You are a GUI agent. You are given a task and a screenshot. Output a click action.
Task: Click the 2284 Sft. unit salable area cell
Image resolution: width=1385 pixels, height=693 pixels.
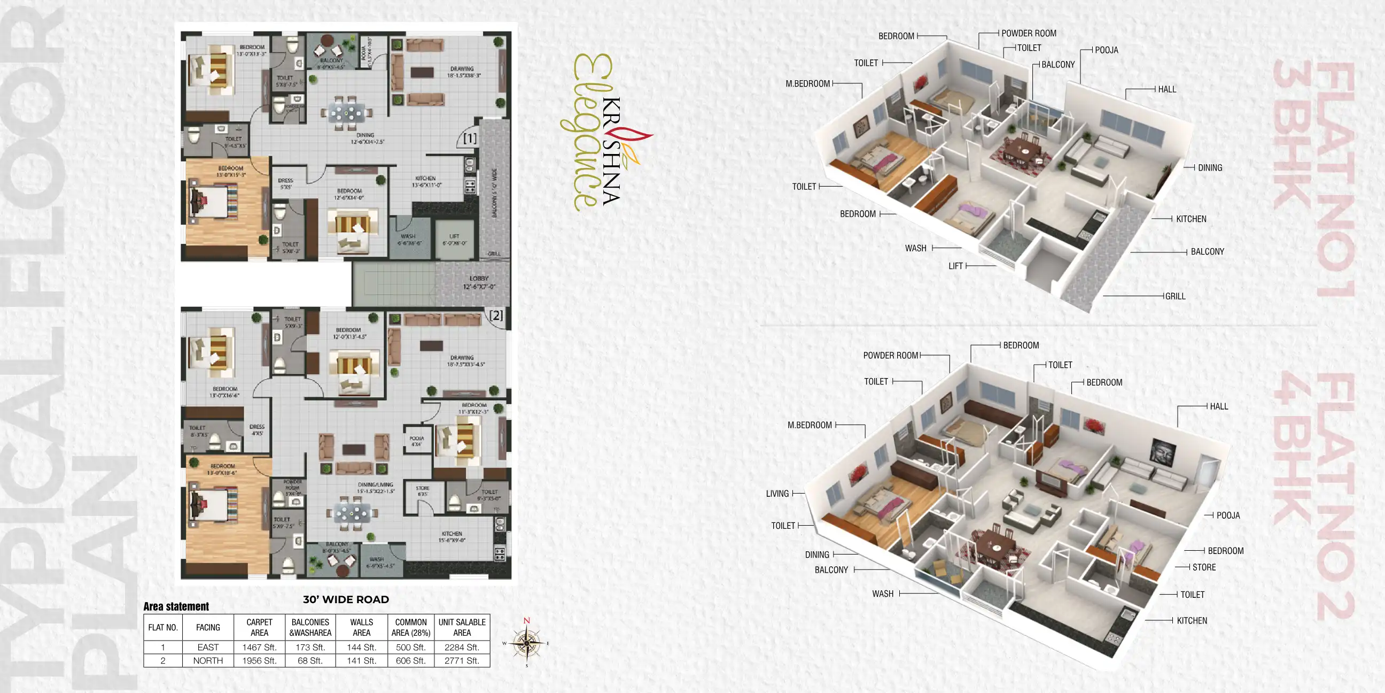point(461,647)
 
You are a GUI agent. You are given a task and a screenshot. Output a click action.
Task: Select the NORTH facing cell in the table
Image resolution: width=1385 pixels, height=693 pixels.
point(207,661)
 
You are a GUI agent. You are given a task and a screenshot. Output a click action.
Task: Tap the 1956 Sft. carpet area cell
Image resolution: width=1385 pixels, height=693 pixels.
point(259,661)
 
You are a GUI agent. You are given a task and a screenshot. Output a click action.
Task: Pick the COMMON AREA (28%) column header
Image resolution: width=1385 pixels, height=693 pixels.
point(411,627)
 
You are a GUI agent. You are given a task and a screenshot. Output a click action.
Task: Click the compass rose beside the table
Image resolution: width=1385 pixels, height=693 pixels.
point(526,643)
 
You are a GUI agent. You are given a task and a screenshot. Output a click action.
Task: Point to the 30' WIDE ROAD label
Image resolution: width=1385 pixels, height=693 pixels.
point(346,599)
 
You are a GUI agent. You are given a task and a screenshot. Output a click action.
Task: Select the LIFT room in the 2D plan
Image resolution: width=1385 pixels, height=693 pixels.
point(454,240)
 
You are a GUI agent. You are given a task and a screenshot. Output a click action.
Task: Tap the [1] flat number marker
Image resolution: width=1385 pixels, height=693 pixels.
point(470,138)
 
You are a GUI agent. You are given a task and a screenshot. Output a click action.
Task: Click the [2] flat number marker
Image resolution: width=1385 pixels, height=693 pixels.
point(496,315)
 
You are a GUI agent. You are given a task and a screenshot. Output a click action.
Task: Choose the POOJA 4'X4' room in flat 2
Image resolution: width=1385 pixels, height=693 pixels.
point(417,441)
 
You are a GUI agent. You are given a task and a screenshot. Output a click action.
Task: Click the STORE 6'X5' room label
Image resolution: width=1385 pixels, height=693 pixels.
point(423,491)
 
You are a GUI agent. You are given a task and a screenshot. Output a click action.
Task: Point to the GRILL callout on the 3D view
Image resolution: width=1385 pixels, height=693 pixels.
point(1175,296)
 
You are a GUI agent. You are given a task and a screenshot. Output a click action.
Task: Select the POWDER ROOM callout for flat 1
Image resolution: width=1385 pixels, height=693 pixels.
point(1029,33)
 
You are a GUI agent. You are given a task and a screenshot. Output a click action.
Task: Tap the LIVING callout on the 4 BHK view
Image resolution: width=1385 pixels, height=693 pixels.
point(777,494)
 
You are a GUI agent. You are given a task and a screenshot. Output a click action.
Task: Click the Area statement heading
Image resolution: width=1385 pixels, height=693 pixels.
point(176,606)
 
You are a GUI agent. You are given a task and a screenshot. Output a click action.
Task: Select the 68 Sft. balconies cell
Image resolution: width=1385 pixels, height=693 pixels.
point(310,661)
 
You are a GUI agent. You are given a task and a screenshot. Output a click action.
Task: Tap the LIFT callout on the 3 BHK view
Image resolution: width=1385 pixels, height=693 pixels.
point(955,266)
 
